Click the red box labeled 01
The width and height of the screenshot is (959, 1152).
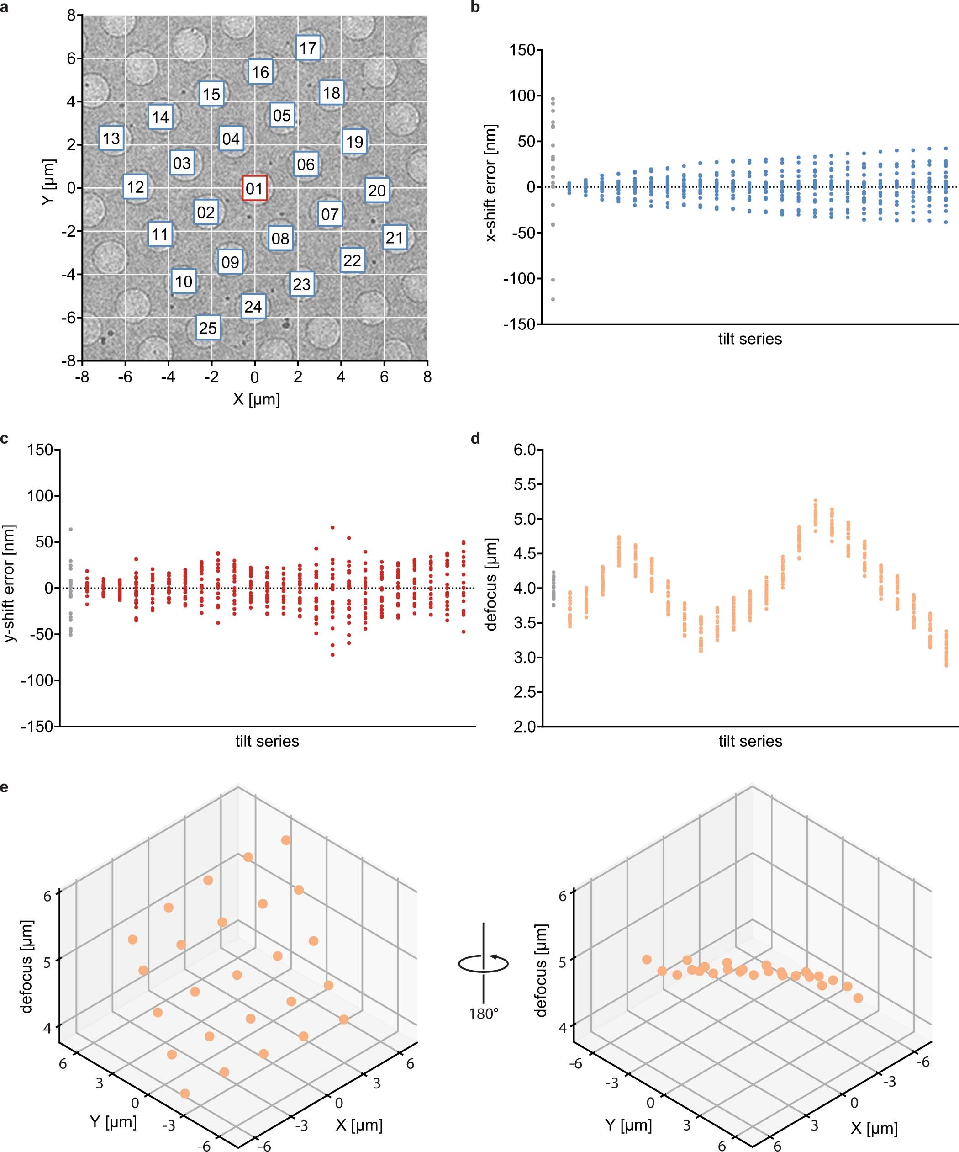254,188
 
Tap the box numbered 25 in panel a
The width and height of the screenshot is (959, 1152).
208,328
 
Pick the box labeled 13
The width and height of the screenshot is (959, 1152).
111,138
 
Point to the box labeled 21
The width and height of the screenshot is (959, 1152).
394,238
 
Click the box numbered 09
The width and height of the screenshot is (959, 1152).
230,262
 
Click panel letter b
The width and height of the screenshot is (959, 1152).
475,8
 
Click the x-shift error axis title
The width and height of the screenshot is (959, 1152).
492,183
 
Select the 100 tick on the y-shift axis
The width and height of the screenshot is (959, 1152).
40,496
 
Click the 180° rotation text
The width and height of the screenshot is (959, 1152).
484,1013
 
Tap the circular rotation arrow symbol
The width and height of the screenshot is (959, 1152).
484,964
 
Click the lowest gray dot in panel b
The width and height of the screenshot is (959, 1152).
553,299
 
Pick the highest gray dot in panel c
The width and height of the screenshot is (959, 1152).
70,529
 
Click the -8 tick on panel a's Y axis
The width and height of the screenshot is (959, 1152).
70,361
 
